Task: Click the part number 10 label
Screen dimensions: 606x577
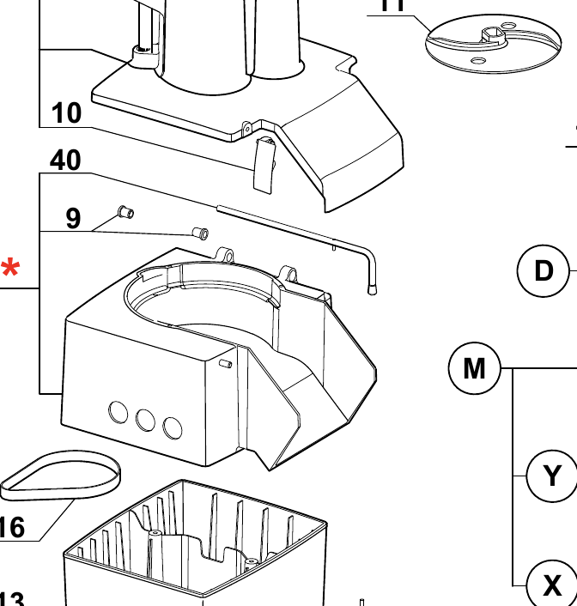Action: [66, 112]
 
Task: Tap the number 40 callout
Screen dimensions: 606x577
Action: [65, 160]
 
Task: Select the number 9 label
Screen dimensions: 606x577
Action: [74, 218]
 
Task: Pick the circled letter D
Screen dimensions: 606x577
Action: [544, 270]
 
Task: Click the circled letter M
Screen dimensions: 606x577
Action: [474, 369]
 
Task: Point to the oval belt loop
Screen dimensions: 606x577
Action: [60, 476]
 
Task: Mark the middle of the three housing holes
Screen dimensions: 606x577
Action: [145, 420]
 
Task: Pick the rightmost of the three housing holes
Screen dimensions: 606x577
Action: [173, 427]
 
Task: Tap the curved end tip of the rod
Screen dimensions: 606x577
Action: [373, 289]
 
